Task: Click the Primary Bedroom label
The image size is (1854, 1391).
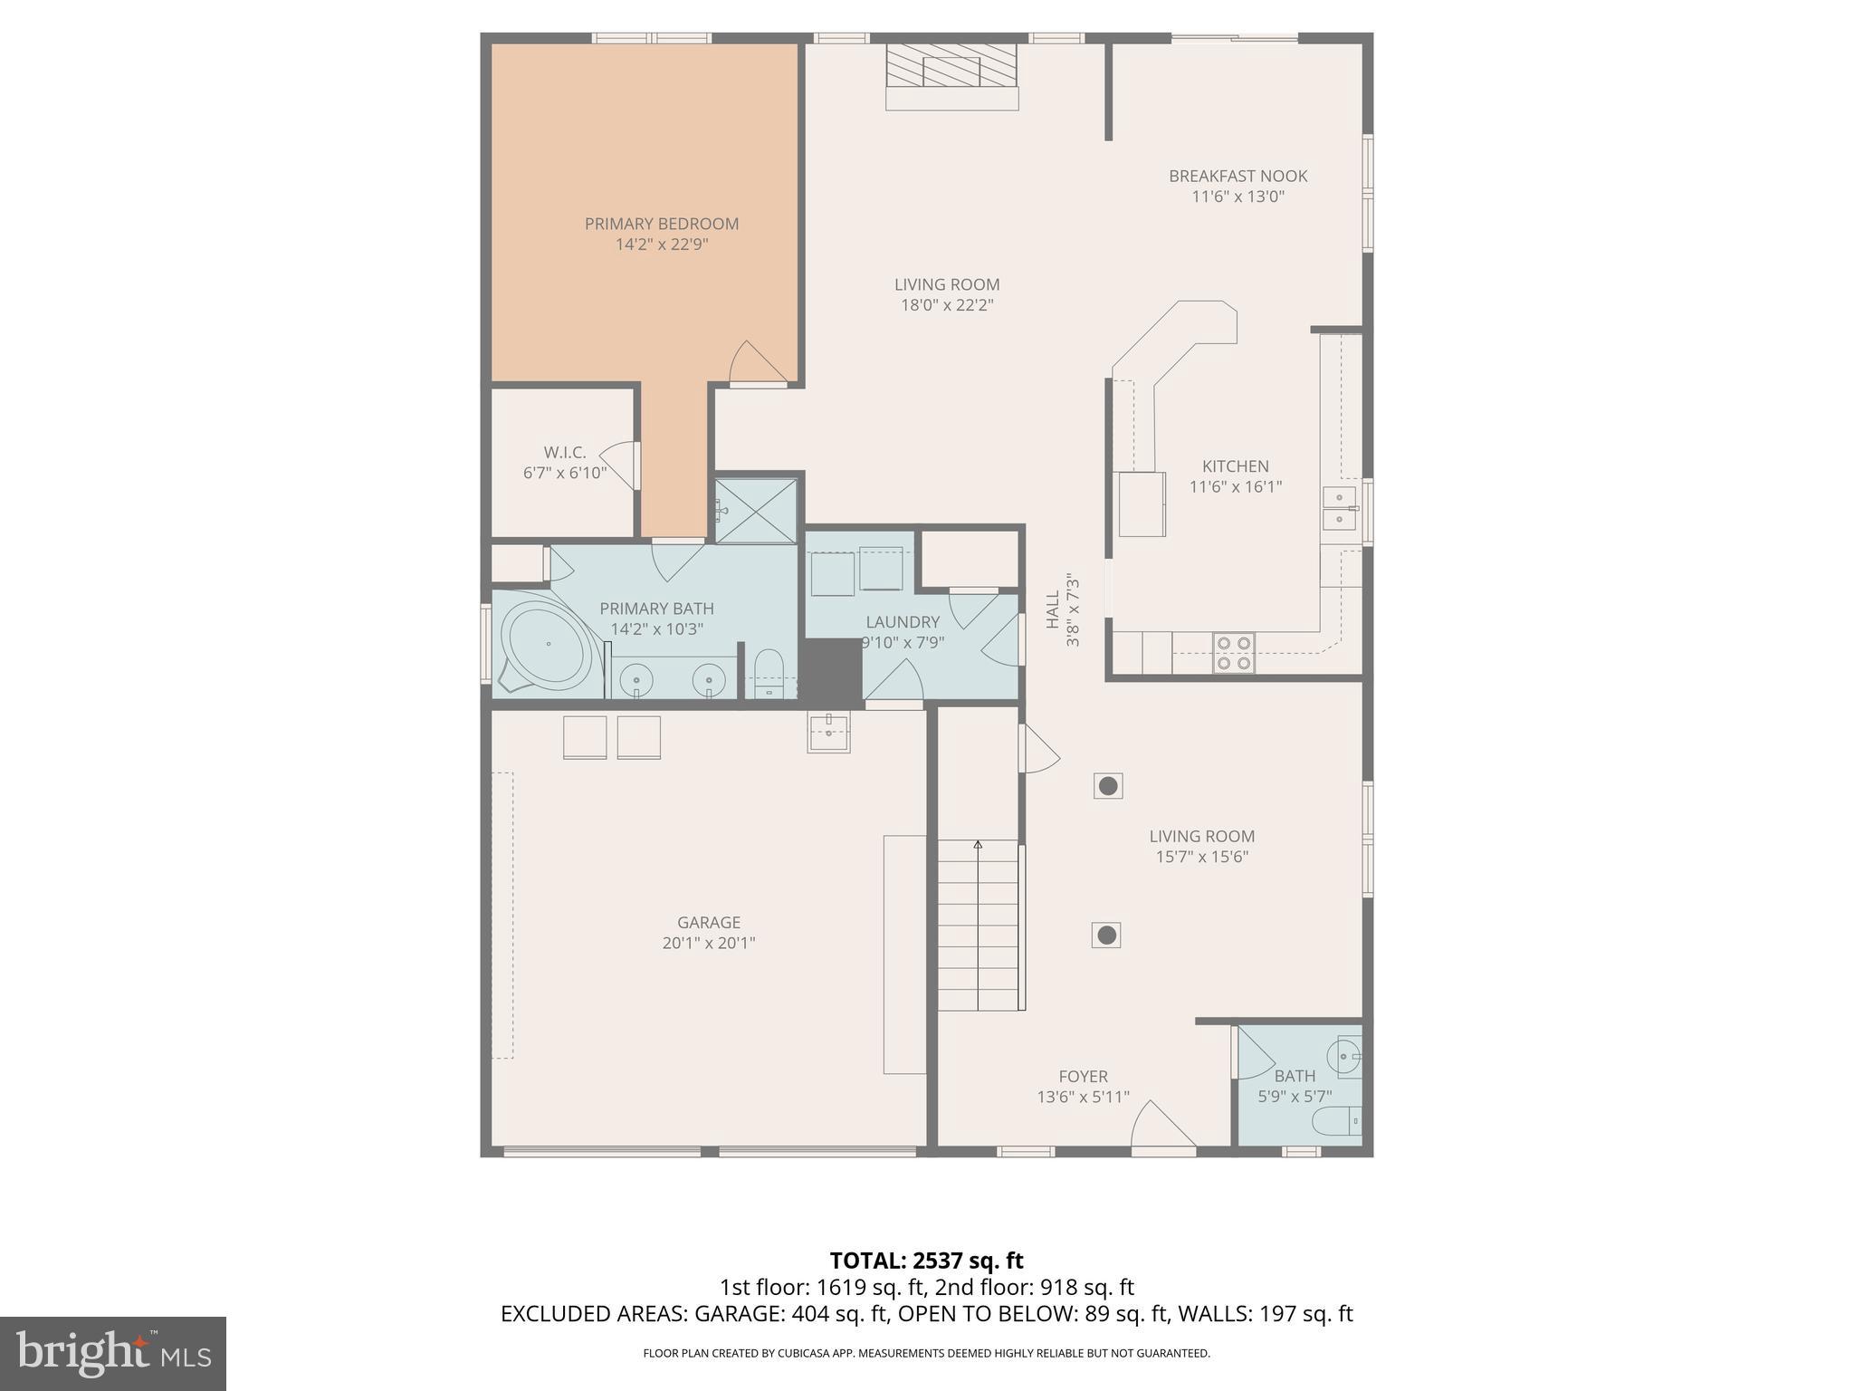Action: pyautogui.click(x=661, y=224)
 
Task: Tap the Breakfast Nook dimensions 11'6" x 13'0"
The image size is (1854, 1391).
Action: pyautogui.click(x=1238, y=197)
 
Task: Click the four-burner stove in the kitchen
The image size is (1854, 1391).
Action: pyautogui.click(x=1234, y=653)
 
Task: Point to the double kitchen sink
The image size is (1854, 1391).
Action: pyautogui.click(x=1339, y=509)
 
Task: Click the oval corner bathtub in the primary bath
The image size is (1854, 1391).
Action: pyautogui.click(x=548, y=644)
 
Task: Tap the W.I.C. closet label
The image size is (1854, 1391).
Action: pyautogui.click(x=565, y=452)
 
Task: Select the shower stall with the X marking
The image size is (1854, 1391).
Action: pyautogui.click(x=756, y=512)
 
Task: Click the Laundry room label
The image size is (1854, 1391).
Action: pyautogui.click(x=903, y=622)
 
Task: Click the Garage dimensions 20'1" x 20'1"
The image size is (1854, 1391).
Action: pyautogui.click(x=709, y=943)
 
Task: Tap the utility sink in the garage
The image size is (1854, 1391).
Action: pyautogui.click(x=828, y=732)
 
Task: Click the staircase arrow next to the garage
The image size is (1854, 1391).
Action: pyautogui.click(x=978, y=845)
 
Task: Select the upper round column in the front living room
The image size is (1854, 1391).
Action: pyautogui.click(x=1108, y=786)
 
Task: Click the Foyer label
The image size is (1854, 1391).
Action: pyautogui.click(x=1083, y=1077)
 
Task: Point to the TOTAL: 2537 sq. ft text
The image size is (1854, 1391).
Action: pyautogui.click(x=926, y=1261)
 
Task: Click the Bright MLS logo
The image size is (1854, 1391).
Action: pyautogui.click(x=112, y=1353)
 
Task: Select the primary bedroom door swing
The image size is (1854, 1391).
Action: pyautogui.click(x=756, y=363)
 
